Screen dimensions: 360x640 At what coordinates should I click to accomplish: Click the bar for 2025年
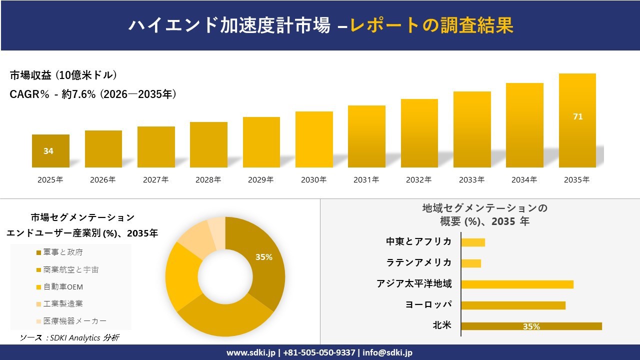pos(50,151)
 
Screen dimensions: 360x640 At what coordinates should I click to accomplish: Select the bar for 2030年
pos(314,139)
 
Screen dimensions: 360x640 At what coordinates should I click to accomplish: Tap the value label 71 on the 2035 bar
pos(577,116)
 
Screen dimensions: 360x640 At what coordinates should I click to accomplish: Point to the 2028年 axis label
pos(208,180)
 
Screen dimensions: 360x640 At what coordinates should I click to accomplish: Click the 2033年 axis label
pos(471,180)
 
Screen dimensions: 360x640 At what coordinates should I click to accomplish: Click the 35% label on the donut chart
pos(263,257)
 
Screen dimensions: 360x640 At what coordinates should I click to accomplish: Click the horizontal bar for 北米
pos(531,326)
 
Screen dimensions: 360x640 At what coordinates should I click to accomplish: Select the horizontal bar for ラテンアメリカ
pos(471,263)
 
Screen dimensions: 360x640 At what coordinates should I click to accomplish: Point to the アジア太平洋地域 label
pos(414,284)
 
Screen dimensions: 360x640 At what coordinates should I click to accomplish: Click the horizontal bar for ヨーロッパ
pos(513,305)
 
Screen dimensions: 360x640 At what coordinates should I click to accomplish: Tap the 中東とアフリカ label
pos(418,241)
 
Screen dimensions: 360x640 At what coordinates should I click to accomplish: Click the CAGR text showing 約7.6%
pos(92,94)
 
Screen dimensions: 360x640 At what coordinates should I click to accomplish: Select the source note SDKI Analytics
pos(69,338)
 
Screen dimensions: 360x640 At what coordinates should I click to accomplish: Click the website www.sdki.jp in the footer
pos(251,352)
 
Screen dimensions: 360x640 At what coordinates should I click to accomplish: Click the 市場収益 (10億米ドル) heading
pos(63,75)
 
